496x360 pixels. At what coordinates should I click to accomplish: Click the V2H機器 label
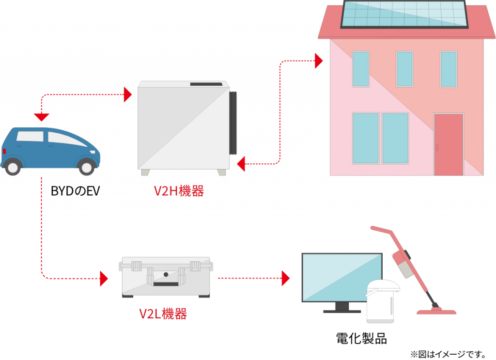point(179,191)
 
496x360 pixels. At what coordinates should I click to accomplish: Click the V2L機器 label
point(163,314)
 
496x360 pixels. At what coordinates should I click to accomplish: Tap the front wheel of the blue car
point(87,167)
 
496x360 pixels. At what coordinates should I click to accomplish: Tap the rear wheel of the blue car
point(13,167)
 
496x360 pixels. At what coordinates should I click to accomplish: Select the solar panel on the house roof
point(404,14)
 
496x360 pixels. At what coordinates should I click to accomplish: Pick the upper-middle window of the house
point(404,69)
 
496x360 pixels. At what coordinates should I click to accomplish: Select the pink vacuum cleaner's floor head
point(436,310)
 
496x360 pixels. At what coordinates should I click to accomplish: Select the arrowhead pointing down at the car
point(42,117)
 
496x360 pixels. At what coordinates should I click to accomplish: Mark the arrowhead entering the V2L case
point(104,279)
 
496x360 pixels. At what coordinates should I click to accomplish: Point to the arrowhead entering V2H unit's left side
point(128,94)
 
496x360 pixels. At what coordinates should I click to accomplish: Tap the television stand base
point(342,311)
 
